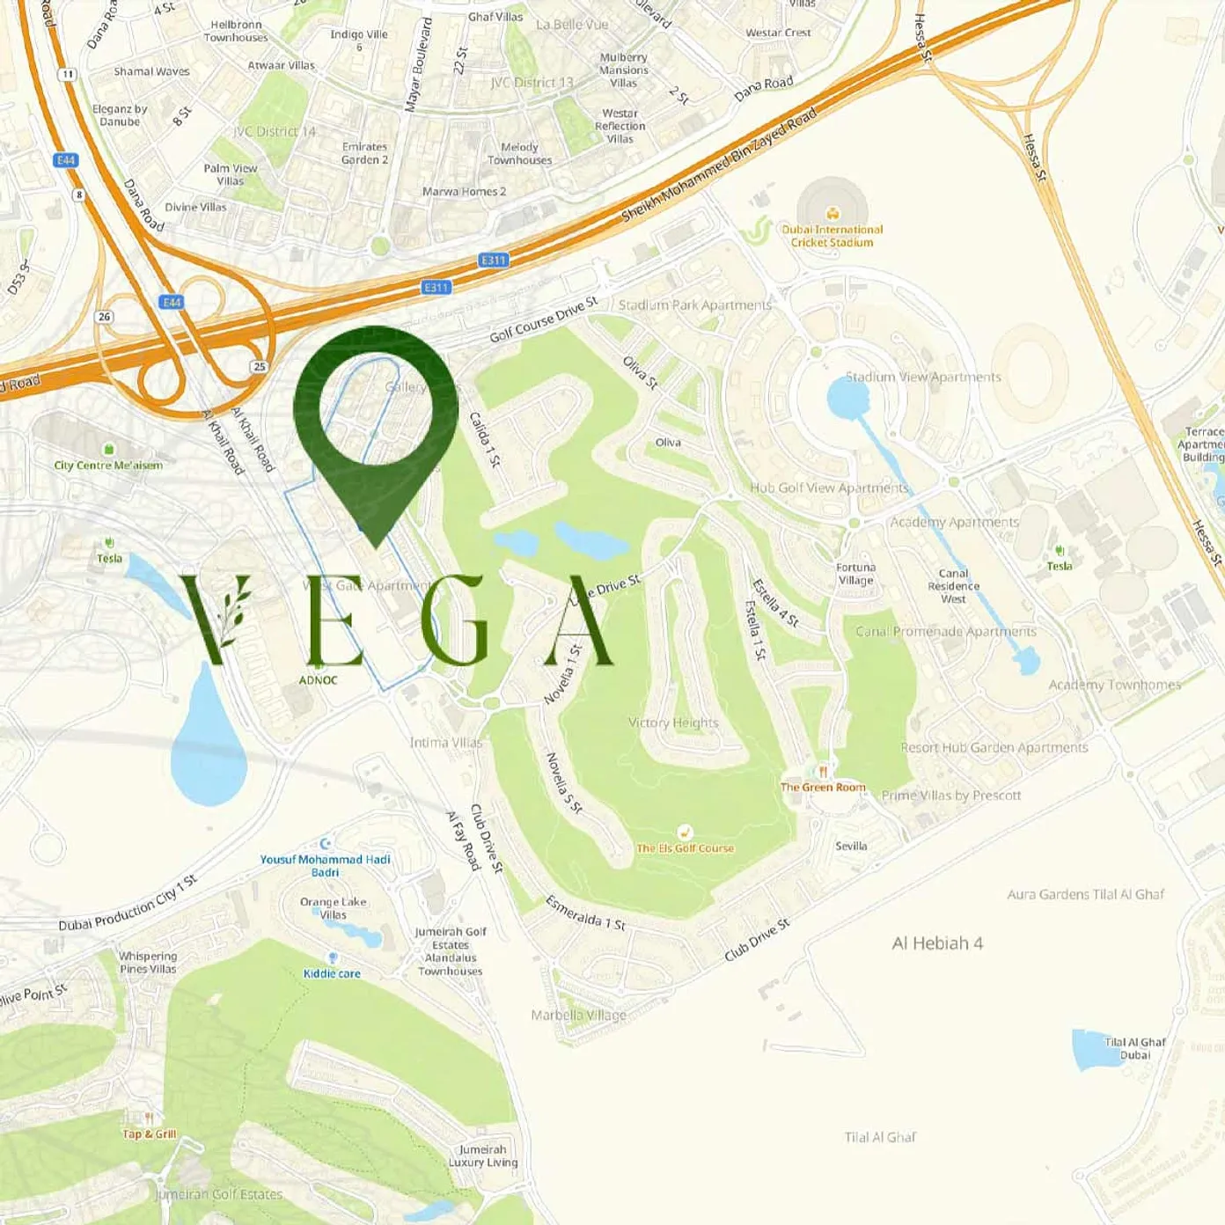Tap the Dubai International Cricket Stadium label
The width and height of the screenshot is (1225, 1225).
[x=832, y=236]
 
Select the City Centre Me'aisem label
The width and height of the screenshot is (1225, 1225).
[x=108, y=466]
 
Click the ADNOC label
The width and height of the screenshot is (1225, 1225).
[x=318, y=680]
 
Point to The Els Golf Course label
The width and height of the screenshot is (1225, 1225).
[x=685, y=848]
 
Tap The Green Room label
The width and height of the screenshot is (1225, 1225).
[x=823, y=787]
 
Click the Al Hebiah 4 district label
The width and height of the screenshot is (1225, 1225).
[x=937, y=943]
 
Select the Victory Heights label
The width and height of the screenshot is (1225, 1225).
[x=673, y=723]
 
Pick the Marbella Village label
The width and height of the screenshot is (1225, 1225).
[x=579, y=1015]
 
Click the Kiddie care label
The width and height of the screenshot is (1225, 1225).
[x=332, y=973]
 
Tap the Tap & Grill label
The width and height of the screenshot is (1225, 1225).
[x=150, y=1133]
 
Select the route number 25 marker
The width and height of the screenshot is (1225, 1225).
[x=259, y=367]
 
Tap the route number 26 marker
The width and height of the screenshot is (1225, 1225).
[x=105, y=317]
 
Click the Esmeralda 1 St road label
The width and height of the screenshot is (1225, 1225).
[x=585, y=913]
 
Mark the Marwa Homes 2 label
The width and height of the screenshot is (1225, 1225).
[x=464, y=192]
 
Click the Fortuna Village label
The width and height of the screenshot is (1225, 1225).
[x=855, y=574]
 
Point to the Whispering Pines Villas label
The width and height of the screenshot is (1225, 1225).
[x=148, y=963]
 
